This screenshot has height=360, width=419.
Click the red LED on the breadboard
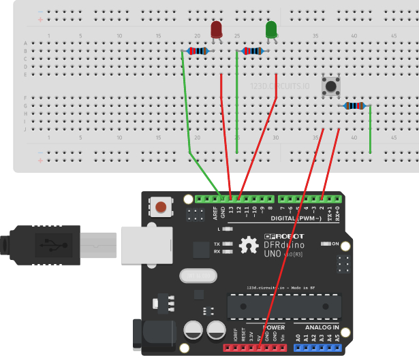click(x=217, y=30)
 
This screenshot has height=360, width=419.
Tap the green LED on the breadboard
click(x=270, y=29)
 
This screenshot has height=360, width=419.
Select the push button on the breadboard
click(x=332, y=87)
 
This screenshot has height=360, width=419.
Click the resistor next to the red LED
click(x=199, y=51)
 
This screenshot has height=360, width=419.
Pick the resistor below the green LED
click(x=252, y=51)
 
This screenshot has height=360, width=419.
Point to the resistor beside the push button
click(x=354, y=105)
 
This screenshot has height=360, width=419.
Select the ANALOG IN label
click(x=320, y=327)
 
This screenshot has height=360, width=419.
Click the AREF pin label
click(x=215, y=213)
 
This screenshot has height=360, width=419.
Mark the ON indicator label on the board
click(x=335, y=243)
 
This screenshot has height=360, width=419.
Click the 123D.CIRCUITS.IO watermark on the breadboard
click(x=281, y=87)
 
